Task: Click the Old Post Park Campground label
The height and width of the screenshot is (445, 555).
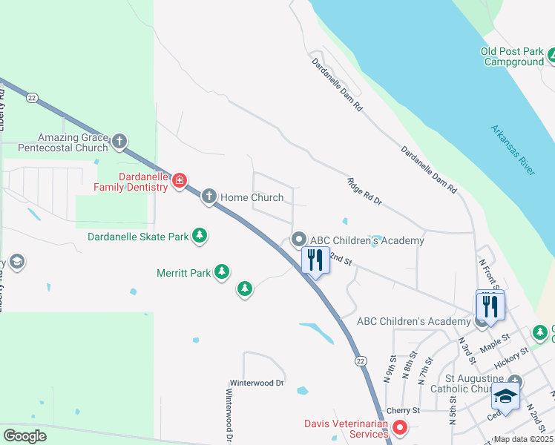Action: click(512, 57)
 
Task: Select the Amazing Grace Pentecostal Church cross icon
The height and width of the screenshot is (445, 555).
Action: click(119, 141)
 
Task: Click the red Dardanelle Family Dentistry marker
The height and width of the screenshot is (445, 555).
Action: click(179, 181)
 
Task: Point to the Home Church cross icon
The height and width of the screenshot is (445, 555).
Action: click(209, 197)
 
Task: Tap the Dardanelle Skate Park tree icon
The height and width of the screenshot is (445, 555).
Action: click(200, 236)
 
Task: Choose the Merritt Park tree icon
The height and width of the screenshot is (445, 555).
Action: click(222, 272)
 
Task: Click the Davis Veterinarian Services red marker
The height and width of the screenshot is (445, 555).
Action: click(400, 426)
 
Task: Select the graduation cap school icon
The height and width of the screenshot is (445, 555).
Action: click(505, 398)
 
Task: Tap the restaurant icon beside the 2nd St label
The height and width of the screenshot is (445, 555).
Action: click(315, 260)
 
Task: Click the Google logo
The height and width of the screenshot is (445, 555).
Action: click(24, 435)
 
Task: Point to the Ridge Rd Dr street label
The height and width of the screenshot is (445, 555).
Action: click(364, 191)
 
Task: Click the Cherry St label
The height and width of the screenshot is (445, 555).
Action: click(405, 410)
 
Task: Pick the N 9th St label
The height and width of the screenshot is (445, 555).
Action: click(387, 369)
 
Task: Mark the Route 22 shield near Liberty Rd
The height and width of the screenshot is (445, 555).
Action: click(31, 97)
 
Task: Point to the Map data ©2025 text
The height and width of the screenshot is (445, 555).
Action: click(524, 439)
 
